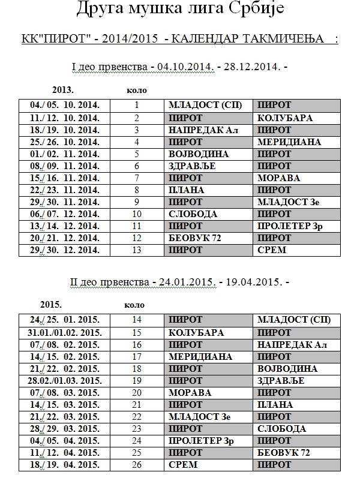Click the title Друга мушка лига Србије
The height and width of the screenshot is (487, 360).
point(180,10)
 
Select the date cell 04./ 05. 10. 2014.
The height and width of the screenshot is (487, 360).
point(65,106)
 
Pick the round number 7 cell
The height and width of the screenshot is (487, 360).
point(137,178)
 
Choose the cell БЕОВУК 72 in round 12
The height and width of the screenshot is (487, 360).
point(196,238)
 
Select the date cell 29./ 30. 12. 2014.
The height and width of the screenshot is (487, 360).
point(65,249)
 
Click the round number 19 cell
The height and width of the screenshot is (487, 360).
point(137,380)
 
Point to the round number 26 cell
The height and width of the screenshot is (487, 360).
point(137,464)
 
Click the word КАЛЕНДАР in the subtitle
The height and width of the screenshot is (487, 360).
point(206,39)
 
